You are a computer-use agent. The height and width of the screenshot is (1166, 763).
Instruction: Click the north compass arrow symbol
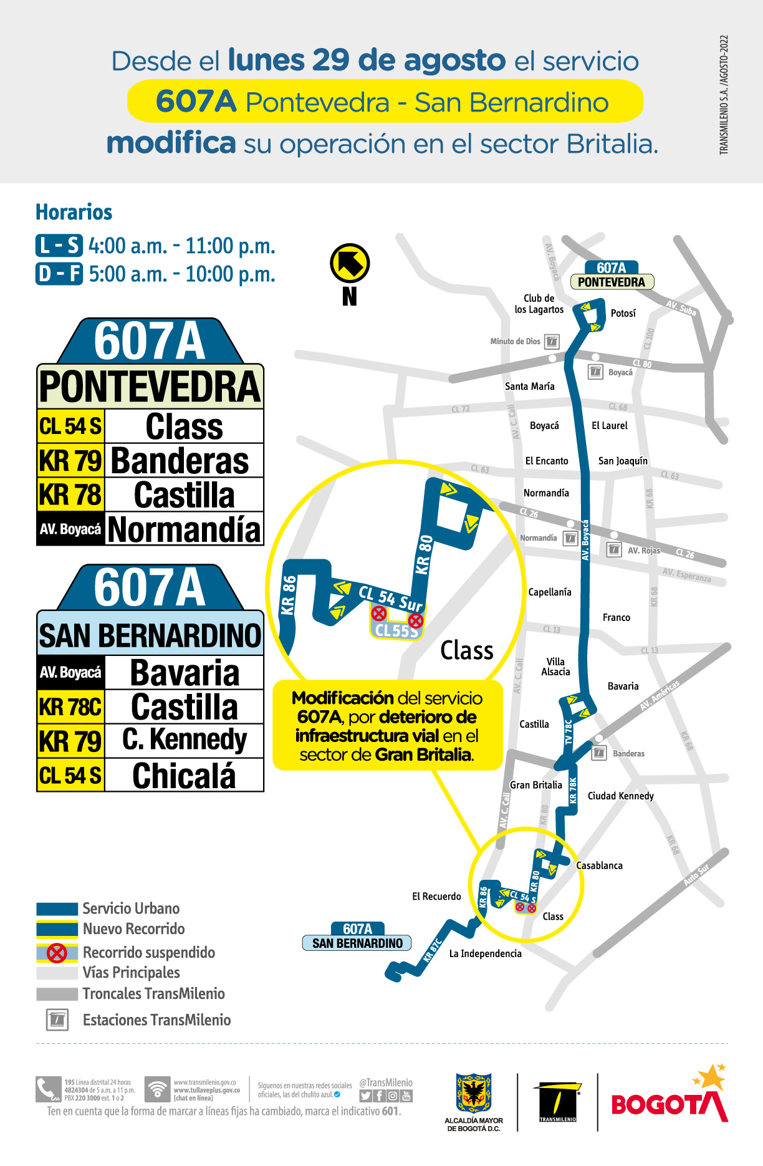[x=350, y=263]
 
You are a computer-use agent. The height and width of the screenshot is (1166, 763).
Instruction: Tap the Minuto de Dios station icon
[x=552, y=342]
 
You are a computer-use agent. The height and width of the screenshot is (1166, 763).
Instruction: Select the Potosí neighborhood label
[x=623, y=313]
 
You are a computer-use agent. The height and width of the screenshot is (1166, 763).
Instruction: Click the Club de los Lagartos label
[x=539, y=304]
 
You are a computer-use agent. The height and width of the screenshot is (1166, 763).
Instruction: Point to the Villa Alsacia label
[x=555, y=667]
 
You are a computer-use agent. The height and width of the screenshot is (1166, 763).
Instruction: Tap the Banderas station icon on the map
[x=598, y=753]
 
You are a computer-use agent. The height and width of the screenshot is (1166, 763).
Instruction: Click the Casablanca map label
[x=599, y=865]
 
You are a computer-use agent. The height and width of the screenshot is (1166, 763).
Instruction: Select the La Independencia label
[x=485, y=953]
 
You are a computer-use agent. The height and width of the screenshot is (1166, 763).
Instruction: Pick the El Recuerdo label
[x=436, y=896]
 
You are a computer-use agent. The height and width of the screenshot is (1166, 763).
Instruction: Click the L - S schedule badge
[x=59, y=246]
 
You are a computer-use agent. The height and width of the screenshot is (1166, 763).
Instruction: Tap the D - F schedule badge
[x=59, y=274]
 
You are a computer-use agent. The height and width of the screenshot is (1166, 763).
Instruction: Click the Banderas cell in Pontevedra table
[x=180, y=461]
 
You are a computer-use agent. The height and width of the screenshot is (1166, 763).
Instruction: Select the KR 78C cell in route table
[x=70, y=707]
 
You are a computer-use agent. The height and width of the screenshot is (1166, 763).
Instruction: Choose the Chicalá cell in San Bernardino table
[x=184, y=776]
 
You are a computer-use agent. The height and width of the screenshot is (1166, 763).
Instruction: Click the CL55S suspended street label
[x=396, y=630]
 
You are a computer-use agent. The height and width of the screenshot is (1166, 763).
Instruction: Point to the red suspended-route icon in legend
[x=57, y=953]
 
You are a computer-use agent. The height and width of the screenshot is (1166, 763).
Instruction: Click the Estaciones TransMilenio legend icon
[x=57, y=1020]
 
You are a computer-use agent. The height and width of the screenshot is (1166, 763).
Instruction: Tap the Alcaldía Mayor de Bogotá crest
[x=474, y=1092]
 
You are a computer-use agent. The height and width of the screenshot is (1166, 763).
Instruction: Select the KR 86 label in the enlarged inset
[x=289, y=595]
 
